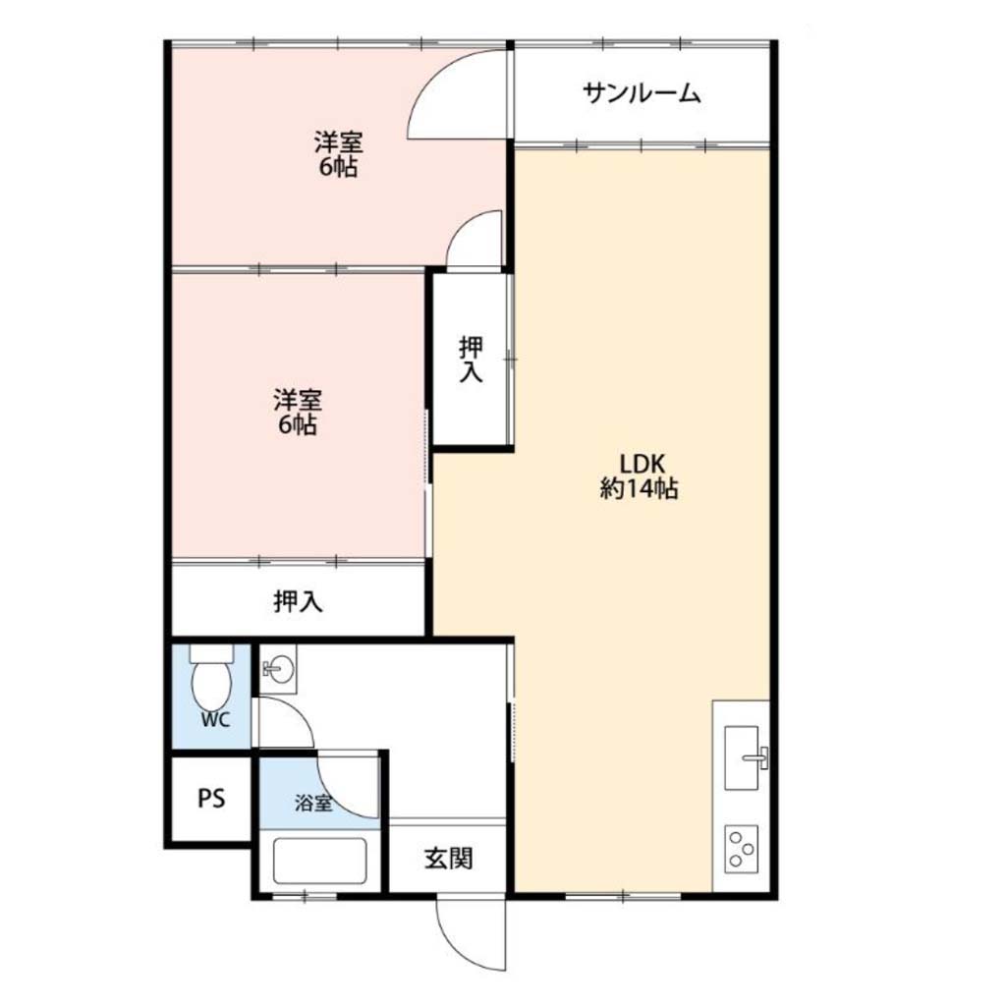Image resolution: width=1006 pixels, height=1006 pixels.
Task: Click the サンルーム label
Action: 642,94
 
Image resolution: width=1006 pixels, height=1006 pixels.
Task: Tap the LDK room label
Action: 641,463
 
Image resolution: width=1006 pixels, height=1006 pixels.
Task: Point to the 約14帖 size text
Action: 640,489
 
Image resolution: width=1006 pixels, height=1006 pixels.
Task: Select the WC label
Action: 215,720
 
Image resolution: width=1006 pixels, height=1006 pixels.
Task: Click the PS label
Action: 211,799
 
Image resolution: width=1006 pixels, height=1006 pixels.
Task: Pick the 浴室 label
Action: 313,803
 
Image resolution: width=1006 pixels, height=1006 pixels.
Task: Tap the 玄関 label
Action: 448,858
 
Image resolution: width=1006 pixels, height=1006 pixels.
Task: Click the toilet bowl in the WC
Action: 212,679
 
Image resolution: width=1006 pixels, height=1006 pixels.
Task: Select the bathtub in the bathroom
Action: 319,861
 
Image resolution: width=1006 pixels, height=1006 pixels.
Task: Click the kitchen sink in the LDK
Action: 745,757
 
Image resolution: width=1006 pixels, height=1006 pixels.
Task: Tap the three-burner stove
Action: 741,849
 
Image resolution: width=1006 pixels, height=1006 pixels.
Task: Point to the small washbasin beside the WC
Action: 278,670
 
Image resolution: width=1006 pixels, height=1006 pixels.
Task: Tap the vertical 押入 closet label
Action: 471,360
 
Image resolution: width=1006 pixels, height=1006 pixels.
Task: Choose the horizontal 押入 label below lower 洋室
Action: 298,601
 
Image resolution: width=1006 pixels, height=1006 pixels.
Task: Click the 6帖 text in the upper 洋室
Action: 338,167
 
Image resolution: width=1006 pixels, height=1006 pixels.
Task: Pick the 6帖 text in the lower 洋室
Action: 298,424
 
